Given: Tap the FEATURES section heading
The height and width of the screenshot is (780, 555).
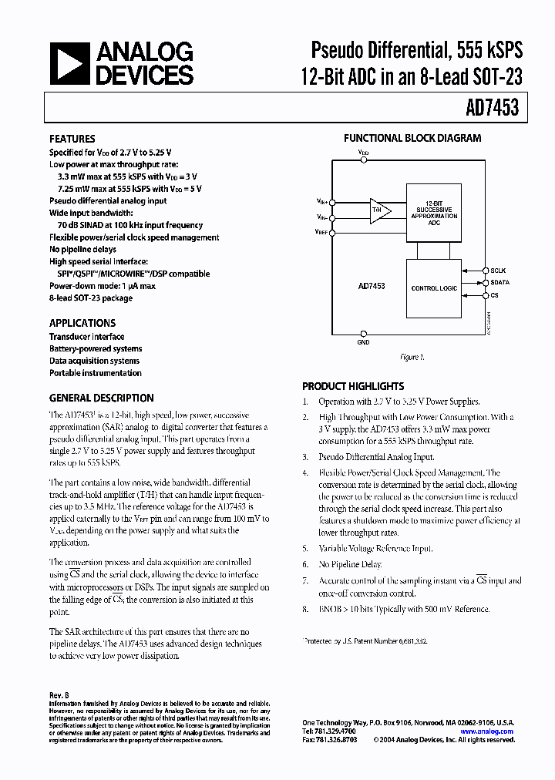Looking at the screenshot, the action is point(72,139).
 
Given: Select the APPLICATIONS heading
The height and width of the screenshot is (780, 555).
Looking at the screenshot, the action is point(82,323).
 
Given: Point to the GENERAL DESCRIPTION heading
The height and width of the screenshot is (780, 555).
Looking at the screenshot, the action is point(101,398).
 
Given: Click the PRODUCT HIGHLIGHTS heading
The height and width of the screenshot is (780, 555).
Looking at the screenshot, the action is point(352,386).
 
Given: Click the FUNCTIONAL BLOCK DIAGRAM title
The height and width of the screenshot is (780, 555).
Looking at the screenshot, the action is point(412,139).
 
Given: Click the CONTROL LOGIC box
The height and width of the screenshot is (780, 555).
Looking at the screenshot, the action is point(433,287).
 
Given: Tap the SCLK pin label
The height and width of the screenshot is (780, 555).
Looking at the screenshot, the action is point(499,271).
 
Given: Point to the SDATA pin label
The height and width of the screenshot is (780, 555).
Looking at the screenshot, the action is point(499,283).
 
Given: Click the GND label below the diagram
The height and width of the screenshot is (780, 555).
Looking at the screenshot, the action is point(363,341).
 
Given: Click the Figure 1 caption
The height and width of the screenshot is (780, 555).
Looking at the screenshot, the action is point(411,357).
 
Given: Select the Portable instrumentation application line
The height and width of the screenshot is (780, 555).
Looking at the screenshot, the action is point(96,373).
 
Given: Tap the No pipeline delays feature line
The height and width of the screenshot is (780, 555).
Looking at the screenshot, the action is point(83,250).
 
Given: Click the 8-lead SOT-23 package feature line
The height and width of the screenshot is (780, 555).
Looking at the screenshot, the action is point(91,298).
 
